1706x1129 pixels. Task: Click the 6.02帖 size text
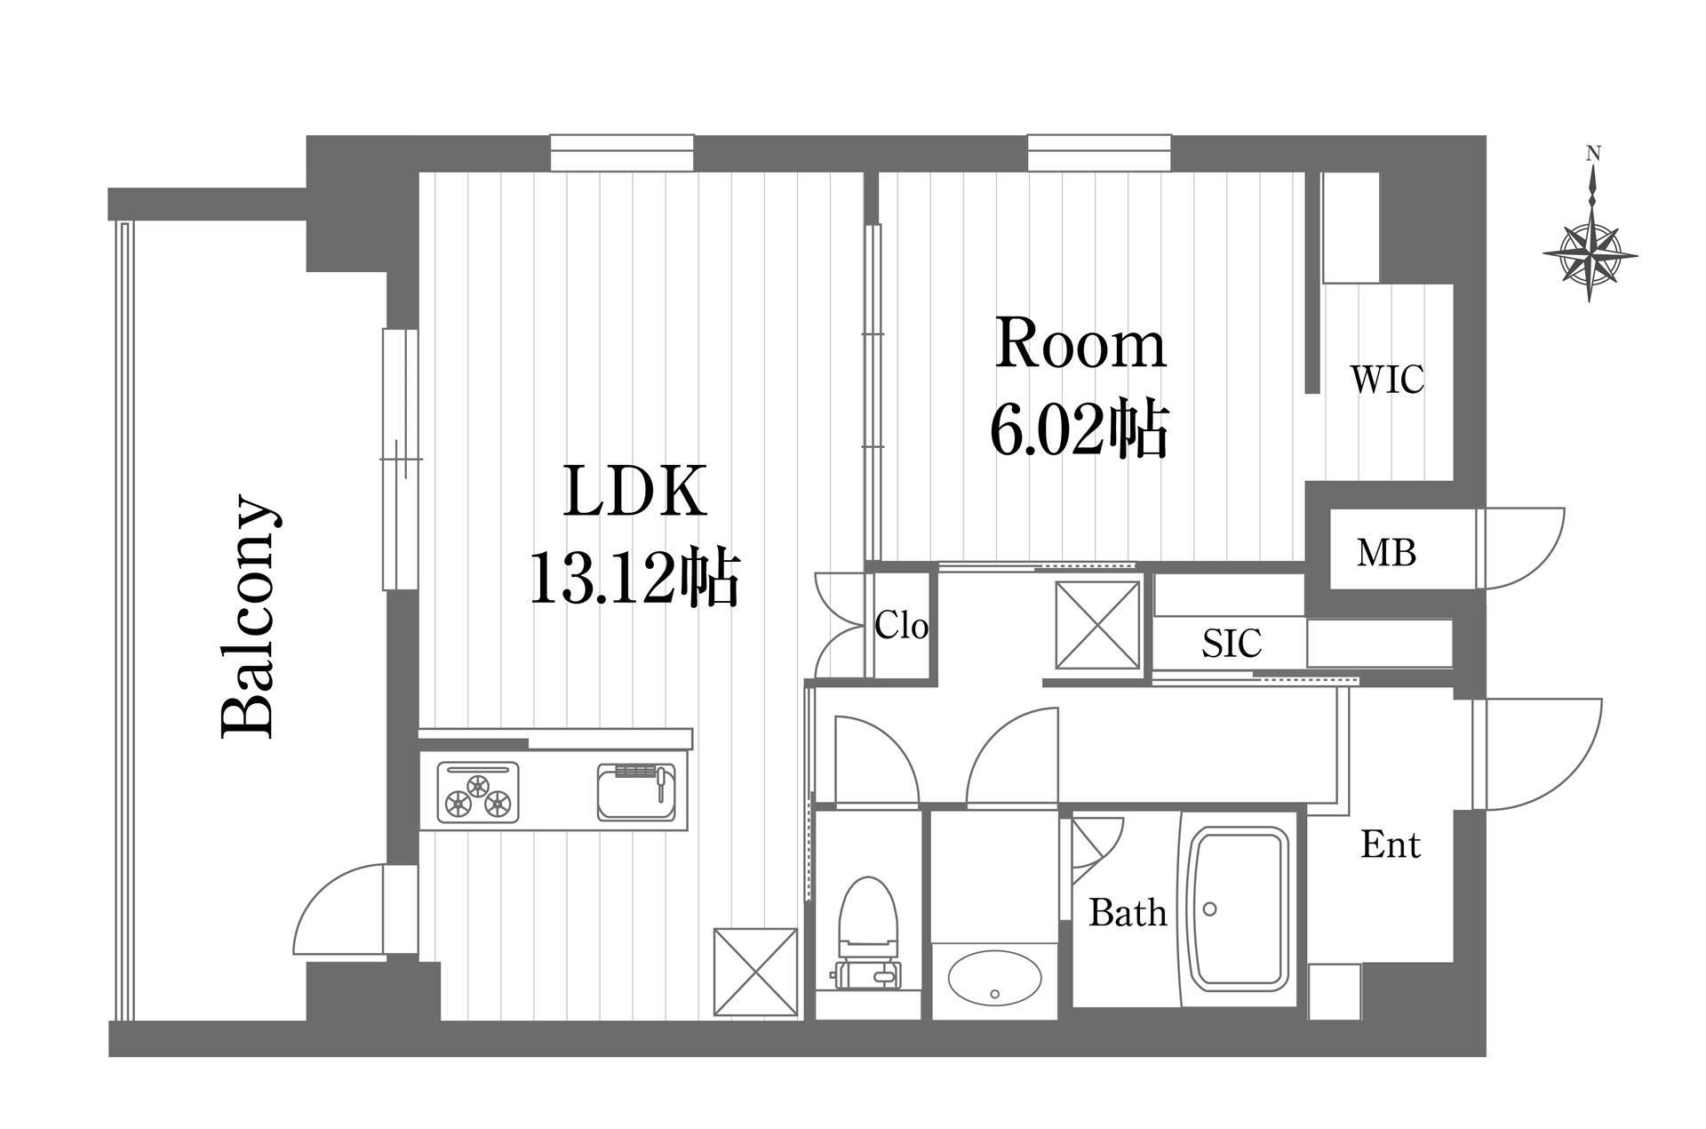[1079, 430]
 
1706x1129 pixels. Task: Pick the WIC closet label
[1387, 380]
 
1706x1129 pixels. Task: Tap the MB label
[1386, 553]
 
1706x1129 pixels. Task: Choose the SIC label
[1232, 643]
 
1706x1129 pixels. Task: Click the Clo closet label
[902, 626]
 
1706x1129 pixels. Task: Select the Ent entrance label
[1391, 844]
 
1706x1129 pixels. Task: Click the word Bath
[1128, 912]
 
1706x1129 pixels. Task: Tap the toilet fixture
[868, 933]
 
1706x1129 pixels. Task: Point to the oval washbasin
[994, 985]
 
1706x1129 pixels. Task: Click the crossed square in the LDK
[755, 972]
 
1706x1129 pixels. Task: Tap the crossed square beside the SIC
[1098, 624]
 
